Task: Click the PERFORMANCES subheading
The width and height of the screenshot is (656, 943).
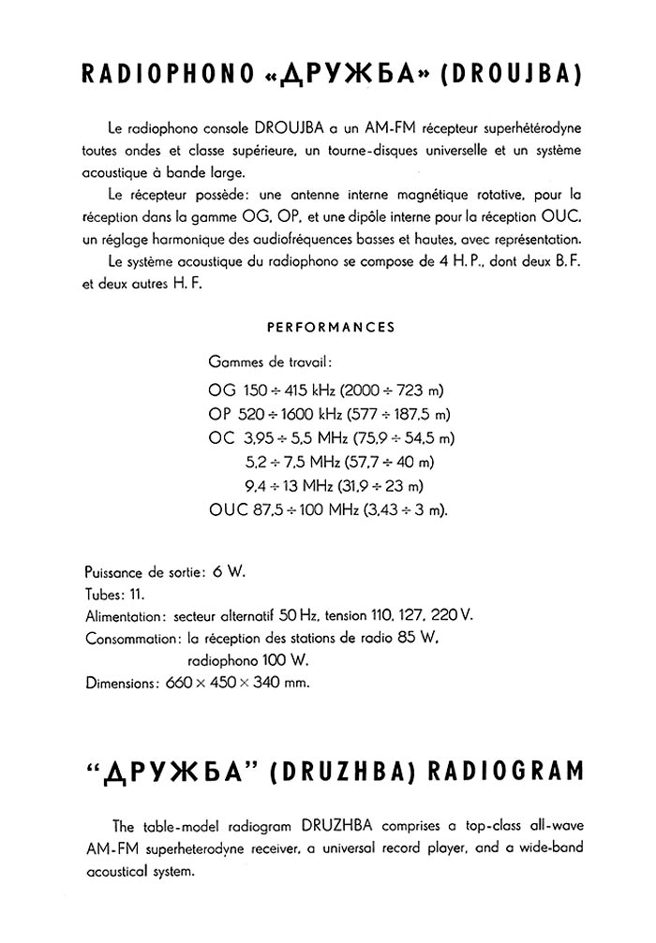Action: coord(331,328)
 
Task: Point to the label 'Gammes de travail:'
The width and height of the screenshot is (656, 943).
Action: coord(269,361)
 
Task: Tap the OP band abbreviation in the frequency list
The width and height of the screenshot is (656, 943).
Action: coord(221,414)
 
